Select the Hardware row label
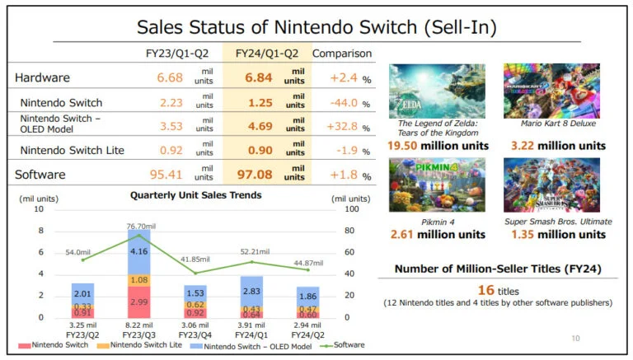41,78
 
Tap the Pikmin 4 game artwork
436,186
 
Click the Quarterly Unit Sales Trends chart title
196,195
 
